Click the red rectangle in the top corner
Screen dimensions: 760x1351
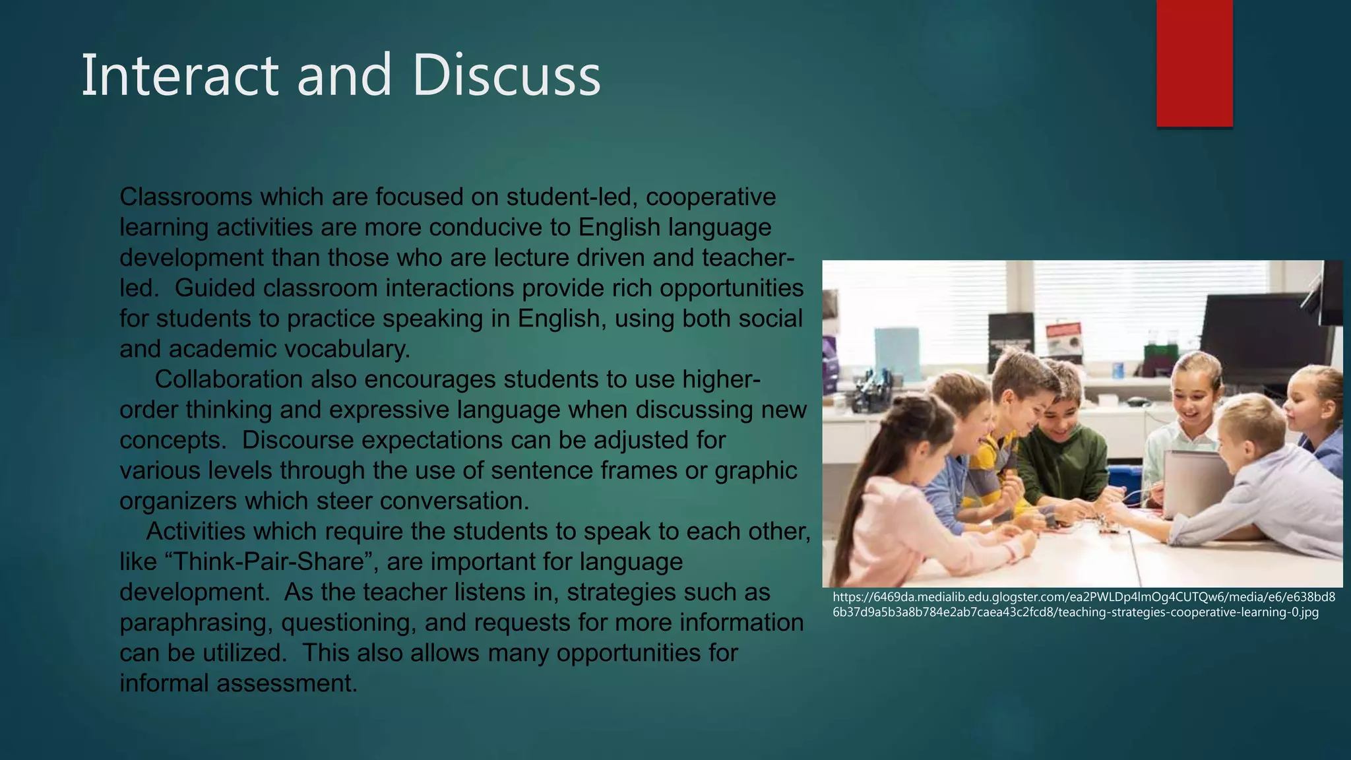point(1194,63)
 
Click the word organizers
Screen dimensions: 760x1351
point(177,501)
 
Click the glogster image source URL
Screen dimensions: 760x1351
point(1083,605)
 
